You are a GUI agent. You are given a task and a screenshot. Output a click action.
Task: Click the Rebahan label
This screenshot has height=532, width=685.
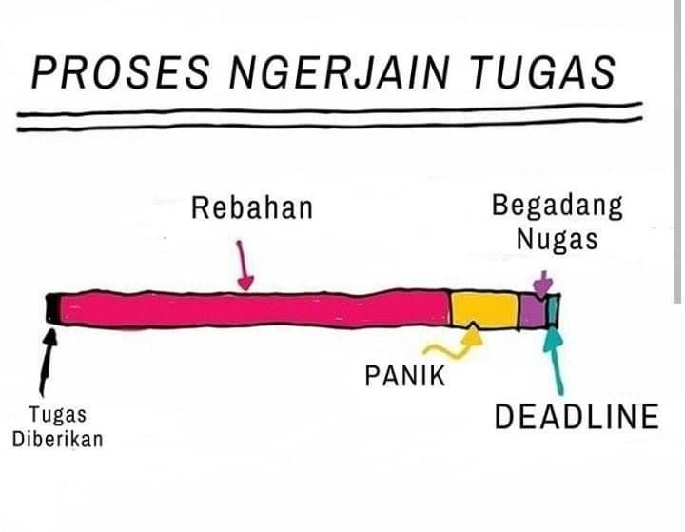tap(251, 207)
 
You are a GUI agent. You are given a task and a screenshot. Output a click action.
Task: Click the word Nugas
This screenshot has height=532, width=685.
tap(558, 239)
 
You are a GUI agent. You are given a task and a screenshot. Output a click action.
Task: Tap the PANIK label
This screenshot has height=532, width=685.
tap(404, 375)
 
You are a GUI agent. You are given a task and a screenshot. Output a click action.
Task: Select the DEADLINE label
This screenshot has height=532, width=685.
tap(577, 417)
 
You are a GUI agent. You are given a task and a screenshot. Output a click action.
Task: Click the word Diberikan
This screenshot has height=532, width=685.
tap(57, 440)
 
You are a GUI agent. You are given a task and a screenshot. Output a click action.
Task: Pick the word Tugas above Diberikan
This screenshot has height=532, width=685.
tap(57, 415)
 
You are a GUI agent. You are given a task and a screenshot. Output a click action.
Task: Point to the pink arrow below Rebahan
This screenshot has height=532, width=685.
tap(245, 266)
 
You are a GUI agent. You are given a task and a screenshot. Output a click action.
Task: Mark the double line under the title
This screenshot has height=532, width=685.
tap(323, 118)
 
